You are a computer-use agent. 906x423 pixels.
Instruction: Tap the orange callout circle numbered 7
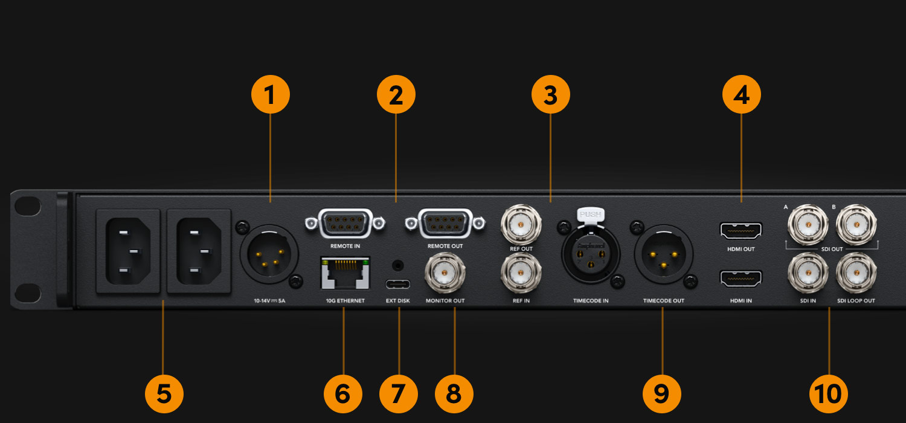click(398, 393)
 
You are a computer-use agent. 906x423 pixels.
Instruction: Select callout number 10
click(828, 393)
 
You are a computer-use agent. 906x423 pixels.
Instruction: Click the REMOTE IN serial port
click(345, 223)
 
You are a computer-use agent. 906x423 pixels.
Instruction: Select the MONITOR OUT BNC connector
click(446, 274)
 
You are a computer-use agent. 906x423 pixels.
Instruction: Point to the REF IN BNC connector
click(521, 273)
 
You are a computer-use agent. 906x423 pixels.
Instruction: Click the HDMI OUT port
click(741, 230)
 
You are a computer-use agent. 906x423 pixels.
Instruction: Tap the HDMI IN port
click(741, 278)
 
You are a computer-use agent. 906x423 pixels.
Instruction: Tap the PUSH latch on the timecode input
click(590, 214)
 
